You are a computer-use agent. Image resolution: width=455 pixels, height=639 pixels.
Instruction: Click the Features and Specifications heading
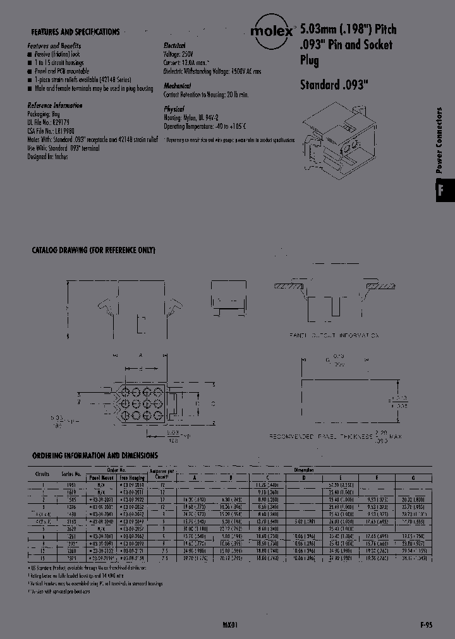point(75,32)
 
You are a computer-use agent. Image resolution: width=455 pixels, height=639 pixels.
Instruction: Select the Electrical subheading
point(174,47)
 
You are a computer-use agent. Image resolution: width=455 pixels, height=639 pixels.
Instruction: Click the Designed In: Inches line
point(47,157)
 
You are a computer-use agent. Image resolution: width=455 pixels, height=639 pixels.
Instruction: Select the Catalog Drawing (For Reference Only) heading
point(93,251)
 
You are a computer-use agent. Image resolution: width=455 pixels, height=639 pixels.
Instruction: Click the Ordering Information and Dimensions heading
point(95,455)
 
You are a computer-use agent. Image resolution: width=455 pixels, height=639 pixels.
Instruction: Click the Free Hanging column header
point(132,478)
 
